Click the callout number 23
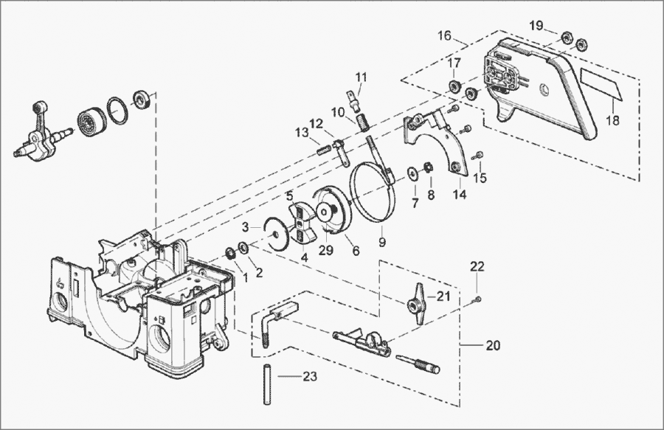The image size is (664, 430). (310, 377)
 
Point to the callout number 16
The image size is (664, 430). (444, 35)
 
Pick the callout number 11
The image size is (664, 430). (361, 77)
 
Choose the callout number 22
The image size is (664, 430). (477, 266)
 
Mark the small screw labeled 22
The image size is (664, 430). (478, 298)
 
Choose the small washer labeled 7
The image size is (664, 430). (410, 174)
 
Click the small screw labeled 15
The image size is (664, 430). (478, 155)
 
